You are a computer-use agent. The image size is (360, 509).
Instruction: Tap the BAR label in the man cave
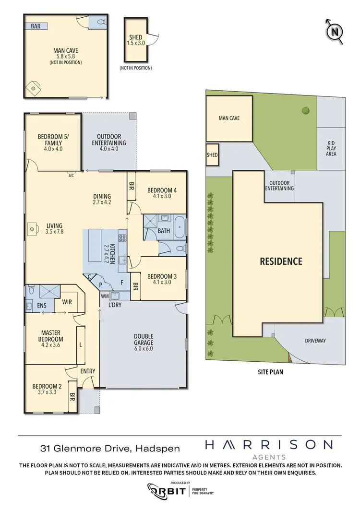click(36, 26)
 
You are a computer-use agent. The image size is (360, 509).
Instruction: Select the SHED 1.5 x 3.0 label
click(136, 40)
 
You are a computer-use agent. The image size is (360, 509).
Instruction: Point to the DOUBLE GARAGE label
click(143, 339)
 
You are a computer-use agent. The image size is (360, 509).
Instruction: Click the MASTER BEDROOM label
click(52, 336)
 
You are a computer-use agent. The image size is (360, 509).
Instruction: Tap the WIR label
click(67, 302)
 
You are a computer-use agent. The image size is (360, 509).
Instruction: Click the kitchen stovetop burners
click(122, 238)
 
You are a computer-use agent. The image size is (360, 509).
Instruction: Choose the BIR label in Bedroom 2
click(72, 397)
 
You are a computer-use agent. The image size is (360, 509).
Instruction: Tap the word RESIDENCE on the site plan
click(281, 261)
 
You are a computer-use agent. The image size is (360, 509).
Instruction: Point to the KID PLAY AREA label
click(331, 148)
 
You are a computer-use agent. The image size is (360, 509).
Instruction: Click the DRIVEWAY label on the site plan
click(315, 341)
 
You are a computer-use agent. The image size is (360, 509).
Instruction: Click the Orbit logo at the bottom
click(168, 491)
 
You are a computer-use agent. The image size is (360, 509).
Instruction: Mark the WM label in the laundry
click(105, 296)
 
